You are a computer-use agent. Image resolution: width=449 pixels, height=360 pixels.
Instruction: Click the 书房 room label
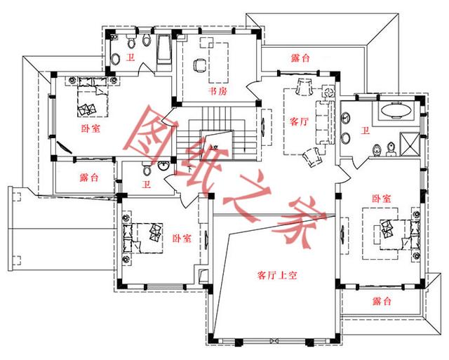217,92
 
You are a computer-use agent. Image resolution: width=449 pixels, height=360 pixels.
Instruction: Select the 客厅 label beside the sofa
299,121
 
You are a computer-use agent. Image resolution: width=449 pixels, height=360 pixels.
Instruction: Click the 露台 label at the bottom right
382,301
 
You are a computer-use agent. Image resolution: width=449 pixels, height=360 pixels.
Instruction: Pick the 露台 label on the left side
88,178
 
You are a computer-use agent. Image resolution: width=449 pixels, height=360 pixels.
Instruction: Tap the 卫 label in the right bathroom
365,130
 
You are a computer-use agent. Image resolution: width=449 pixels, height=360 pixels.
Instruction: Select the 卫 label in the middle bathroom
146,185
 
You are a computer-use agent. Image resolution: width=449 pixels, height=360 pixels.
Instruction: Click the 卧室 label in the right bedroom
382,199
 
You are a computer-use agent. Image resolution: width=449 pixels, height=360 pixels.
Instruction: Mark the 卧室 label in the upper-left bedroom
90,128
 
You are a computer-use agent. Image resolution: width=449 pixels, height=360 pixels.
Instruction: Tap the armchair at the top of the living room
304,88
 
